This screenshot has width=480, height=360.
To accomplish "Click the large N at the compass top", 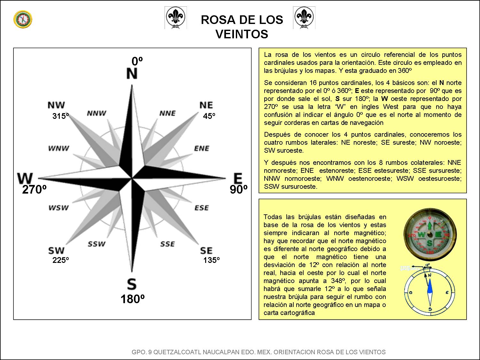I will [132, 74].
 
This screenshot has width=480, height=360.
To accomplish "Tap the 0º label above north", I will [137, 61].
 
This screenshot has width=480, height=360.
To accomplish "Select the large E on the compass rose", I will [237, 178].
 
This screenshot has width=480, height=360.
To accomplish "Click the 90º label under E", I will [238, 190].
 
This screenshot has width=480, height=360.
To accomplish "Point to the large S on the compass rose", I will [131, 284].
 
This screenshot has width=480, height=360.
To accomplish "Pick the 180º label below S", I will [132, 299].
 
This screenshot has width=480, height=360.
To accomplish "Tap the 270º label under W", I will [34, 190].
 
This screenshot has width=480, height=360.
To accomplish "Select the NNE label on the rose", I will [167, 113].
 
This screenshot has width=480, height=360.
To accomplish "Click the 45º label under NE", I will [209, 116].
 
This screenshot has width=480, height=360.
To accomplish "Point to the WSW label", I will [58, 208].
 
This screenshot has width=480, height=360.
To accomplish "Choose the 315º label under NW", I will [61, 116].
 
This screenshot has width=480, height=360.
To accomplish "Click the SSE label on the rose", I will [167, 244].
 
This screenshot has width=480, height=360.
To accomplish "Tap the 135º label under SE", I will [211, 260].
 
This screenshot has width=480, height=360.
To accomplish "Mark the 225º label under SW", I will [61, 260].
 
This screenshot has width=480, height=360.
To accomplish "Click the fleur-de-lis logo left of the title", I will [175, 18].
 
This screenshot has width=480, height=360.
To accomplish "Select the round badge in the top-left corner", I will [23, 19].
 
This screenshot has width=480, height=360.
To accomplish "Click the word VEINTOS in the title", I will [242, 34].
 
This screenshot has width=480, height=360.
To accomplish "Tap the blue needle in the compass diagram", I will [430, 286].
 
